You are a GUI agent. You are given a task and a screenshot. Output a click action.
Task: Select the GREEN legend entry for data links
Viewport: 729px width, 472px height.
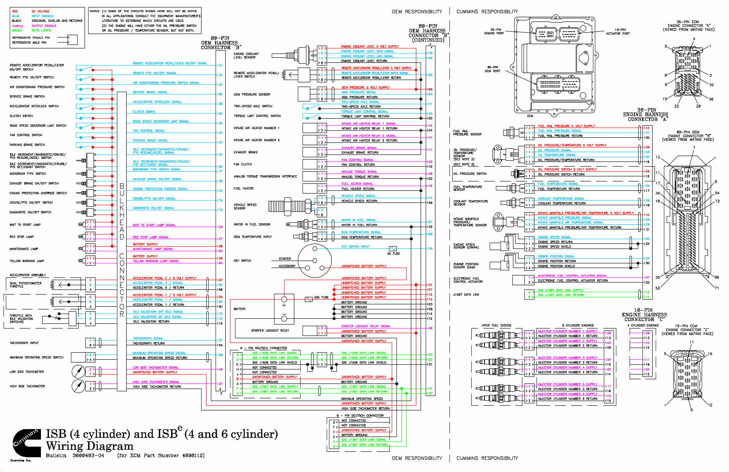coord(17,30)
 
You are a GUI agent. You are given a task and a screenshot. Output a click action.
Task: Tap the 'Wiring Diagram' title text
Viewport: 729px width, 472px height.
coord(89,446)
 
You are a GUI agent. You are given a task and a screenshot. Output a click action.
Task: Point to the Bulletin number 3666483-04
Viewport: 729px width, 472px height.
coord(88,455)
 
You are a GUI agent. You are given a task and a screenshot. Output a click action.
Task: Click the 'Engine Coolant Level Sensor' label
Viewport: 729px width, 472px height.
coord(246,56)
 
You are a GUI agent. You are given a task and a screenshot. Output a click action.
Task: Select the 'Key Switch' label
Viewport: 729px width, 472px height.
coord(242,261)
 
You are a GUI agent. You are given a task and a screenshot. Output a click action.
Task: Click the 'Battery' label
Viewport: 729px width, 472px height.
coord(239,309)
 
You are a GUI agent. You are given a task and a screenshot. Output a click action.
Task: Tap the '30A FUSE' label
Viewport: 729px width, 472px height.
coord(321,297)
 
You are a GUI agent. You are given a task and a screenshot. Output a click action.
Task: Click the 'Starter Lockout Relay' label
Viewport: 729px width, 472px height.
coord(270,330)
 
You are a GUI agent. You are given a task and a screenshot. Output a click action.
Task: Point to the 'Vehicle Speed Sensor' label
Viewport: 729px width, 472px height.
coord(245,206)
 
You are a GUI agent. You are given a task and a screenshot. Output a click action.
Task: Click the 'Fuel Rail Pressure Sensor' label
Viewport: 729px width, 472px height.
coord(467,133)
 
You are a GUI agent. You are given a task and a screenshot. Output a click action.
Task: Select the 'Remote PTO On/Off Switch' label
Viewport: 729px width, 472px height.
coord(32,77)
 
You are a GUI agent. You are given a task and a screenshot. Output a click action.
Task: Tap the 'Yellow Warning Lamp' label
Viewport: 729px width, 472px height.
coord(27,261)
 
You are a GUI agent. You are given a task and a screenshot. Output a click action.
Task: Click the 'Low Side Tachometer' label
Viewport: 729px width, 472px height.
coord(27,372)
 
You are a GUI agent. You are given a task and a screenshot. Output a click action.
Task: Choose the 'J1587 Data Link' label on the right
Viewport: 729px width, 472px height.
coord(466,295)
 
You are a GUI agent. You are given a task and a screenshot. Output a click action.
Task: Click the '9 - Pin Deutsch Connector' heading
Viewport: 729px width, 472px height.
coord(264,348)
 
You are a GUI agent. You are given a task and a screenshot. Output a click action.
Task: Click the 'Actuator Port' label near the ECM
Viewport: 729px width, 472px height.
coord(618,32)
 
